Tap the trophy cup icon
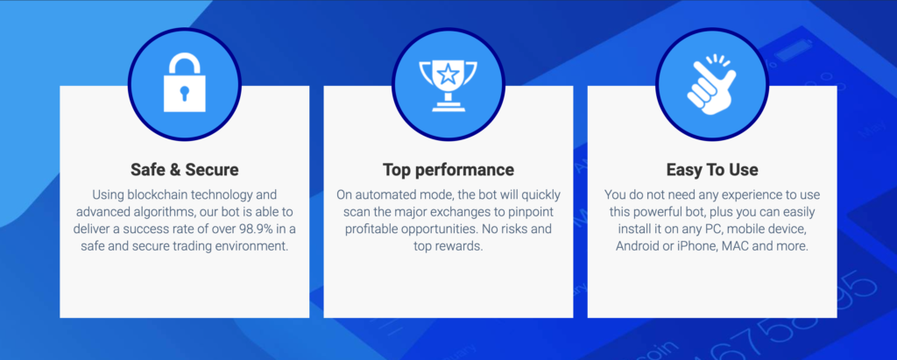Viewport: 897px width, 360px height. coord(448,85)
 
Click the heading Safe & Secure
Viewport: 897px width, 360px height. coord(184,170)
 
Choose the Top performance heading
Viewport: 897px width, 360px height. coord(448,170)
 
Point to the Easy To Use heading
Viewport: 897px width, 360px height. coord(712,170)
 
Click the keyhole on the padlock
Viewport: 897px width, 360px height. coord(184,94)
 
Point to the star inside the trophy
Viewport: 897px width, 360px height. coord(448,74)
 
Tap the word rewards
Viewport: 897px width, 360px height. coord(464,247)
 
